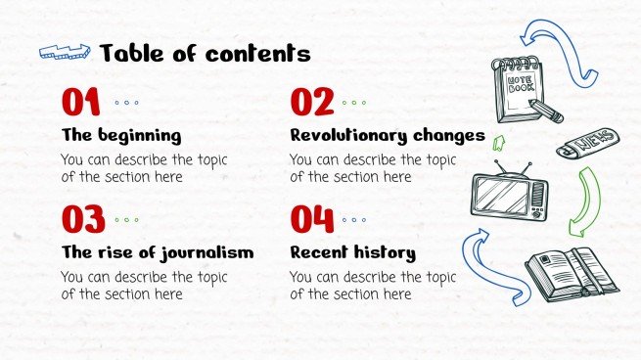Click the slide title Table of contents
point(205,53)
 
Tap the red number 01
point(80,102)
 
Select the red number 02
point(312,102)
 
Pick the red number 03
point(82,220)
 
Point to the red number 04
point(313,220)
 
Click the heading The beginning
point(120,135)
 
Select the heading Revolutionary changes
point(387,135)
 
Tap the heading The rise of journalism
point(157,252)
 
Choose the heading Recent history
point(352,252)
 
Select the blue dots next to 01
point(126,102)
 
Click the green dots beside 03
point(126,220)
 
